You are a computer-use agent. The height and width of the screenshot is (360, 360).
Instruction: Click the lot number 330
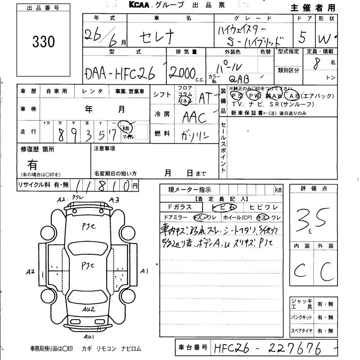44,42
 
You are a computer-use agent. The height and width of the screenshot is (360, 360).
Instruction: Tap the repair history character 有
33,163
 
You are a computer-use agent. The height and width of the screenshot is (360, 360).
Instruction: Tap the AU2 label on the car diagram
89,310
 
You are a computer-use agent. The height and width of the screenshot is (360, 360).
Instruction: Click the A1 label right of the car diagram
144,271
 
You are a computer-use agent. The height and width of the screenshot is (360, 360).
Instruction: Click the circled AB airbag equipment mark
295,96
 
